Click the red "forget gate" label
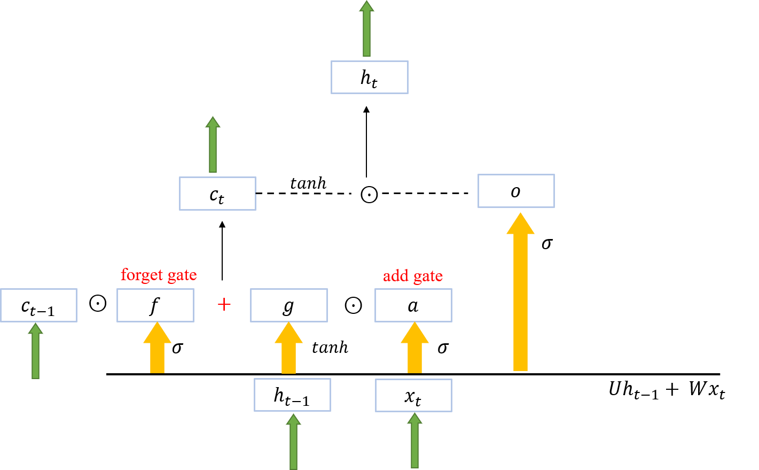159,275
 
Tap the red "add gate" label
413,276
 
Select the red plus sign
224,305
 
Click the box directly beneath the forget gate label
155,305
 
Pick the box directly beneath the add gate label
413,305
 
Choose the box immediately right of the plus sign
289,305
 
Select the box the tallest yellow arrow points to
516,191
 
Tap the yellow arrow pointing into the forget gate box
157,349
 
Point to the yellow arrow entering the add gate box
414,349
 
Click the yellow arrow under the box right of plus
288,349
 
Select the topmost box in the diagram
370,78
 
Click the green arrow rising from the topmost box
366,29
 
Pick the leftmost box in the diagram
38,305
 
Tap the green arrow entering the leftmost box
35,352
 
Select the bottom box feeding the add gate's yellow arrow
413,396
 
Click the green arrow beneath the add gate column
414,441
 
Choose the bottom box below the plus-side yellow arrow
292,395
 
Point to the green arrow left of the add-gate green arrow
293,443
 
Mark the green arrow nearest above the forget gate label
213,146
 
